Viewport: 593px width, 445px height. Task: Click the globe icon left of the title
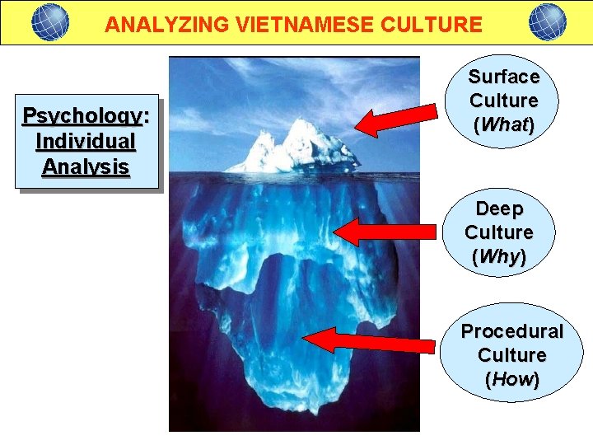[x=50, y=21]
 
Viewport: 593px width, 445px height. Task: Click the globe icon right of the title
[x=547, y=21]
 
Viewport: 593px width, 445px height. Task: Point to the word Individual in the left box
[x=86, y=141]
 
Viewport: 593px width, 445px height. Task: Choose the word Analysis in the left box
[x=86, y=166]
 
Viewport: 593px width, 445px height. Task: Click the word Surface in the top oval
[x=504, y=77]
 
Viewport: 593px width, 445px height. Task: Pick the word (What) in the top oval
[x=504, y=125]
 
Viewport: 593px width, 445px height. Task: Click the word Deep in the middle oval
[x=499, y=208]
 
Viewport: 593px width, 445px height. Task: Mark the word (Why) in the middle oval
[x=499, y=256]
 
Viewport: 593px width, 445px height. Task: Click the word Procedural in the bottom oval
[x=511, y=331]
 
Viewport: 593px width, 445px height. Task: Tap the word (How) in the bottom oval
[x=512, y=380]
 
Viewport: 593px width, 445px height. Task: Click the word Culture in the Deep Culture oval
[x=499, y=232]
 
